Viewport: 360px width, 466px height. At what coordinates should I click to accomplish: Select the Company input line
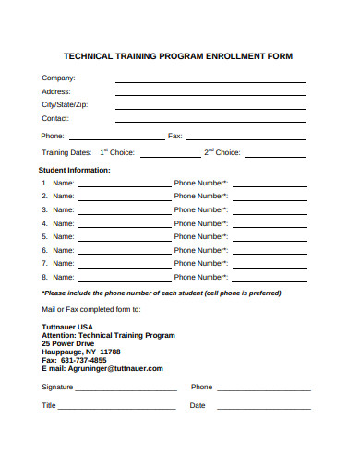pos(210,82)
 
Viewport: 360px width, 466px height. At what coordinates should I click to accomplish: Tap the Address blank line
pos(210,96)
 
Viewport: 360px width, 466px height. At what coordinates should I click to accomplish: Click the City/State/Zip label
pos(66,105)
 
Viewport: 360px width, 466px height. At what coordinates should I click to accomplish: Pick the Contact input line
pos(210,123)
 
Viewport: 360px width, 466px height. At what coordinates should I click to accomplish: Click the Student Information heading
pos(74,171)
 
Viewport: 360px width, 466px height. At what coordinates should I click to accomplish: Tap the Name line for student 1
pos(124,186)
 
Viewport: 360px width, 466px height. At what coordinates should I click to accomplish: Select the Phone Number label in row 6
pos(201,250)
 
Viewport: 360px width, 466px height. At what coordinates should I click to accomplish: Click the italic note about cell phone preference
pos(162,293)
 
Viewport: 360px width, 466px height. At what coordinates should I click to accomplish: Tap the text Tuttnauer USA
pos(67,327)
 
